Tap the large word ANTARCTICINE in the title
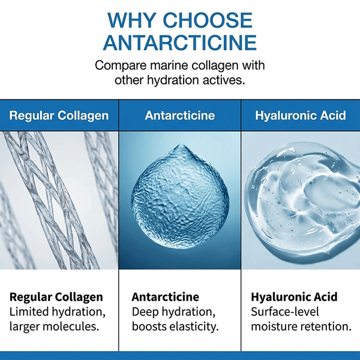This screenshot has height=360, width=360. pos(180,43)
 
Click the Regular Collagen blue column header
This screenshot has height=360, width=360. pos(59,115)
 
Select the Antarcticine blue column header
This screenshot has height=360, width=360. pos(179,115)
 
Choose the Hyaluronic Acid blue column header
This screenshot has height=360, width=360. pos(300,115)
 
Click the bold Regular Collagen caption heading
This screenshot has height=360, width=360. pos(56,297)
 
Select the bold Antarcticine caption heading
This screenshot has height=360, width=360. pos(165,297)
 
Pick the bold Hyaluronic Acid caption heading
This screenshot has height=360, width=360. pos(294,297)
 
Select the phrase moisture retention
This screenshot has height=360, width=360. pos(301,327)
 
